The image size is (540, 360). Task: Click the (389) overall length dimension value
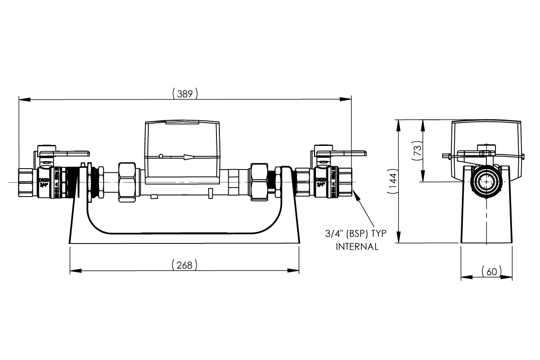[185, 94]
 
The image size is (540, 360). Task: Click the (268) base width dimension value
[184, 265]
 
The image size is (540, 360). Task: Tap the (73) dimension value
[417, 151]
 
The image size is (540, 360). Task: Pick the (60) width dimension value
[491, 271]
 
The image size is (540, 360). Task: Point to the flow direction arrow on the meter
[189, 157]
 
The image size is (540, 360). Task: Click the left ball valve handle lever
[71, 153]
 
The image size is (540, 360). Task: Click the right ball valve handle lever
[348, 153]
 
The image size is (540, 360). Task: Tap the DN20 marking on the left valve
[43, 180]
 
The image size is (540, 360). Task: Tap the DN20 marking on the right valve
[320, 180]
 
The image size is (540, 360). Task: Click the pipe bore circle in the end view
[486, 182]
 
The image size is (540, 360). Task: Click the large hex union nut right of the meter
[259, 182]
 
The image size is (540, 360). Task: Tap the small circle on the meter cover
[161, 157]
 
